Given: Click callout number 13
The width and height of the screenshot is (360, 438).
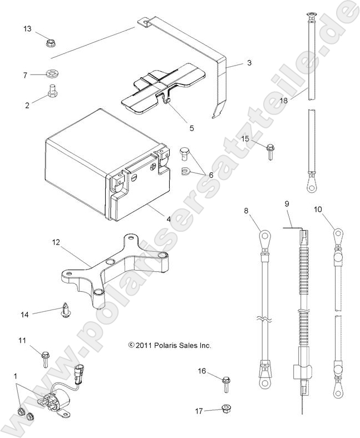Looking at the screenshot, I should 27,28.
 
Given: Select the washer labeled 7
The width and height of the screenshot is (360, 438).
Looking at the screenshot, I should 53,73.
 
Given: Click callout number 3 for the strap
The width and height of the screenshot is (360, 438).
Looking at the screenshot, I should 249,63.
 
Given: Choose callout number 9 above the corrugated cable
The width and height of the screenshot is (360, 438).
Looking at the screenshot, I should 287,204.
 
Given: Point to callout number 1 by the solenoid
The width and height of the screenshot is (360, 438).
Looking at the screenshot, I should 15,377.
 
